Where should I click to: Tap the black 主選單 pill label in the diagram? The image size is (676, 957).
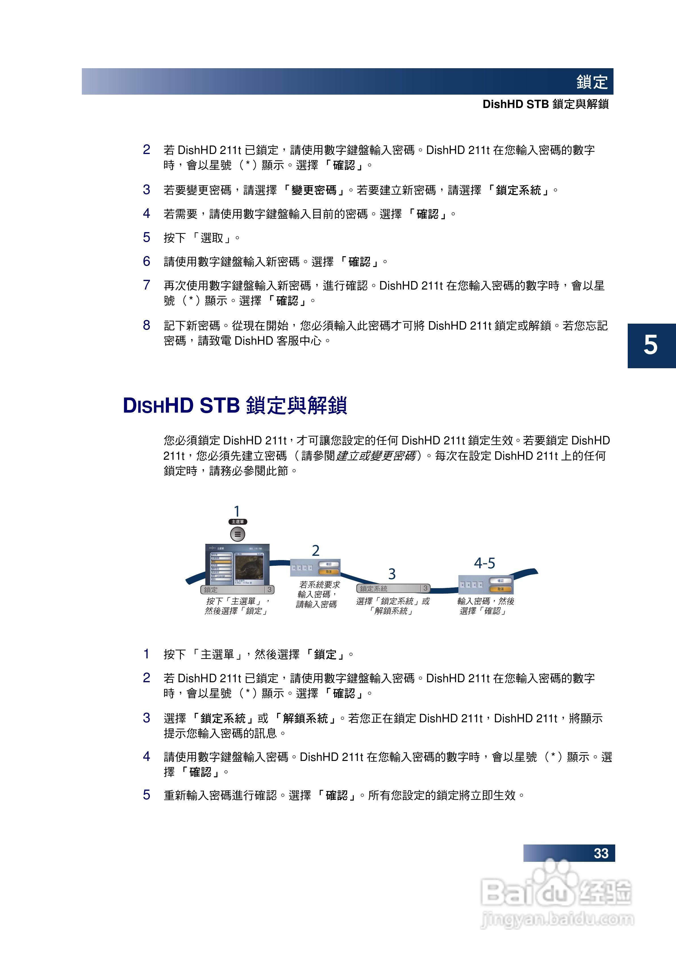click(x=237, y=522)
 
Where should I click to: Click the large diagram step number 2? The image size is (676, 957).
click(x=316, y=551)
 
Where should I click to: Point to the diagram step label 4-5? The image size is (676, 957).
click(x=484, y=563)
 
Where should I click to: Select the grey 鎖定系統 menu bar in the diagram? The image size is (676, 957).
click(x=393, y=588)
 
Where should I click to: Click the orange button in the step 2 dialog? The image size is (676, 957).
click(x=329, y=571)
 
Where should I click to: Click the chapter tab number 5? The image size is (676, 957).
click(x=650, y=346)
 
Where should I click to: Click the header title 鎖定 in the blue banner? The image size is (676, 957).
click(x=592, y=82)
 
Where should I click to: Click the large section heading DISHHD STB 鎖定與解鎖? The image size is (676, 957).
click(x=235, y=405)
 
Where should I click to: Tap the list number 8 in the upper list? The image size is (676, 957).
click(x=146, y=325)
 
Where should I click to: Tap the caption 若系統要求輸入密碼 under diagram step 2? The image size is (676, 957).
click(x=317, y=594)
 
